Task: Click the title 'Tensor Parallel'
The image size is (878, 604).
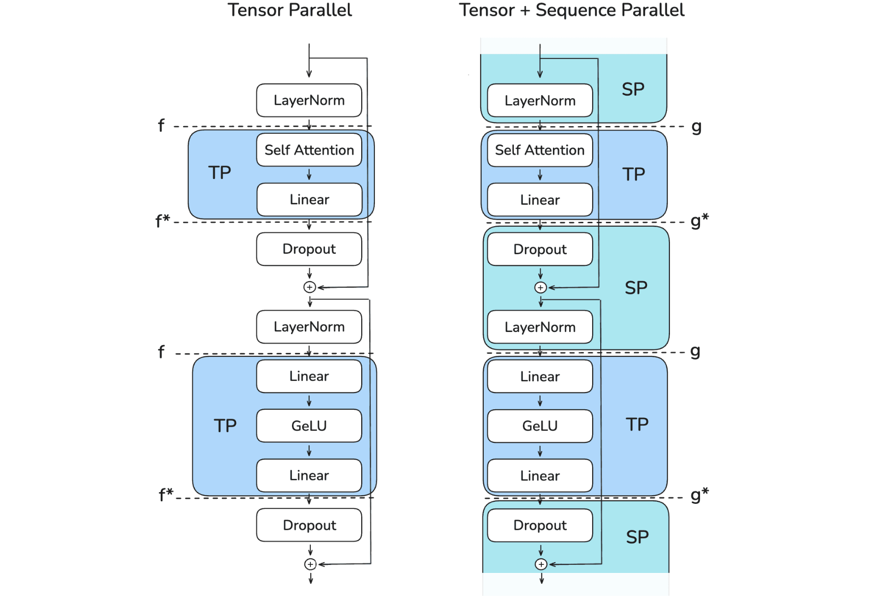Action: pyautogui.click(x=289, y=10)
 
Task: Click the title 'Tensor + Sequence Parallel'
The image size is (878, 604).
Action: pyautogui.click(x=571, y=10)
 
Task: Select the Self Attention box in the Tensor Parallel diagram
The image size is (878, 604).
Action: pyautogui.click(x=309, y=150)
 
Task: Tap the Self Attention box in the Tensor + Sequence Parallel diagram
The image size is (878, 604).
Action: pyautogui.click(x=540, y=150)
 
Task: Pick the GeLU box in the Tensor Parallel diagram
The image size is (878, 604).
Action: pyautogui.click(x=309, y=426)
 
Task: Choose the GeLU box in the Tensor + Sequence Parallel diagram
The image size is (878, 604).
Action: pyautogui.click(x=540, y=426)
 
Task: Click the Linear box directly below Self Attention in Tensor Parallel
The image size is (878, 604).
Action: pyautogui.click(x=309, y=199)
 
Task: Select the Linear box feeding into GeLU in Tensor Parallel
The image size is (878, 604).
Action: pyautogui.click(x=309, y=376)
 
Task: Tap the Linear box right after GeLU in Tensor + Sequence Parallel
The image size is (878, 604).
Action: pyautogui.click(x=540, y=475)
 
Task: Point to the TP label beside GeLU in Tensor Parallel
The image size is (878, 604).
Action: pyautogui.click(x=225, y=426)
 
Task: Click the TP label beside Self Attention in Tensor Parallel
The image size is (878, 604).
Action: pyautogui.click(x=220, y=173)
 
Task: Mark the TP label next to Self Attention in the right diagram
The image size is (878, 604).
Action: pyautogui.click(x=634, y=174)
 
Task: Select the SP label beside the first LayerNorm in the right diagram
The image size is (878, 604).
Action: pyautogui.click(x=633, y=89)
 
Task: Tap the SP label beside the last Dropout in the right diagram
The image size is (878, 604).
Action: pyautogui.click(x=637, y=537)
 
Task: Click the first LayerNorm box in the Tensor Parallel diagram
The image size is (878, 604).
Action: pyautogui.click(x=309, y=100)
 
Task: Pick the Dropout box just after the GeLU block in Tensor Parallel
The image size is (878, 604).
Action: pyautogui.click(x=309, y=525)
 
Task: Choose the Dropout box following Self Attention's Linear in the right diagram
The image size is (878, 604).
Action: pyautogui.click(x=540, y=249)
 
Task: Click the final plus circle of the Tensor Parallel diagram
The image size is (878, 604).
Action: pyautogui.click(x=310, y=564)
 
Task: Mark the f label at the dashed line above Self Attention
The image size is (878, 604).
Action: pyautogui.click(x=161, y=125)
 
